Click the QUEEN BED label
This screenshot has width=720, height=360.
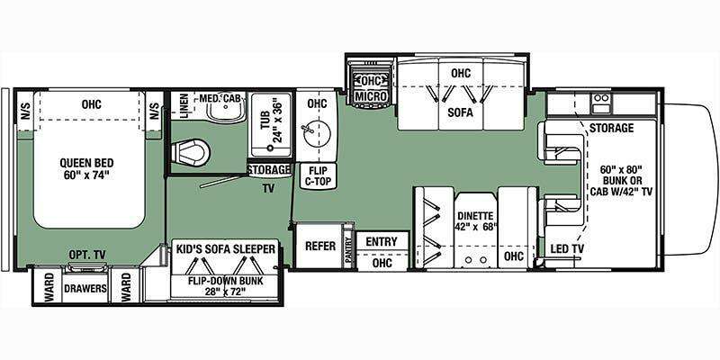coord(86,163)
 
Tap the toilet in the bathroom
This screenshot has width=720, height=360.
coord(190,151)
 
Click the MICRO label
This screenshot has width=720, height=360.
coord(370,96)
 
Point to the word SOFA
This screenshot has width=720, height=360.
coord(461,112)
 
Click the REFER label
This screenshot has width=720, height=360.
coord(320,246)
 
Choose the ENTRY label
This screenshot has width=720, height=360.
coord(382,241)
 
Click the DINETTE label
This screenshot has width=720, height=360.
coord(475,215)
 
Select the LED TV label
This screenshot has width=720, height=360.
coord(568,249)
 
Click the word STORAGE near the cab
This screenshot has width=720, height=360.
coord(611,128)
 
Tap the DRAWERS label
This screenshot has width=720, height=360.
coord(85,288)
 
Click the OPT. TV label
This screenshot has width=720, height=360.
coord(87,254)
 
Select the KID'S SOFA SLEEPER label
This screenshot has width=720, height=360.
coord(226,249)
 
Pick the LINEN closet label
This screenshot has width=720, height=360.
coord(184,105)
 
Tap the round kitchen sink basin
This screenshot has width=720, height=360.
coord(317,134)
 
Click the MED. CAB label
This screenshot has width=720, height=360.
coord(220,98)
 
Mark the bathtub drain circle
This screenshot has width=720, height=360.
coord(272,148)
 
